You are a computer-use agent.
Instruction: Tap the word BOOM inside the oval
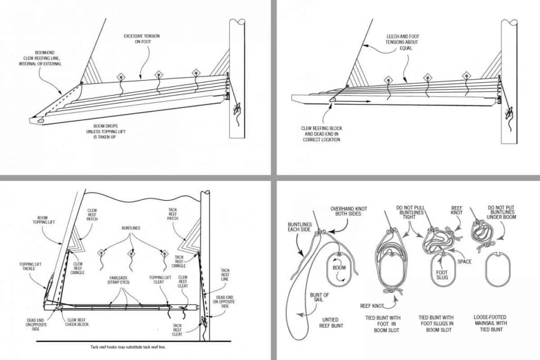point(339,267)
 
